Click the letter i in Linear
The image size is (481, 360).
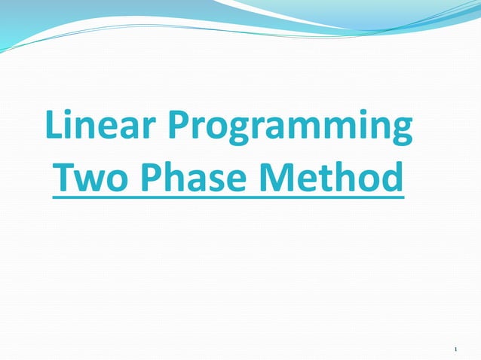pos(73,125)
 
